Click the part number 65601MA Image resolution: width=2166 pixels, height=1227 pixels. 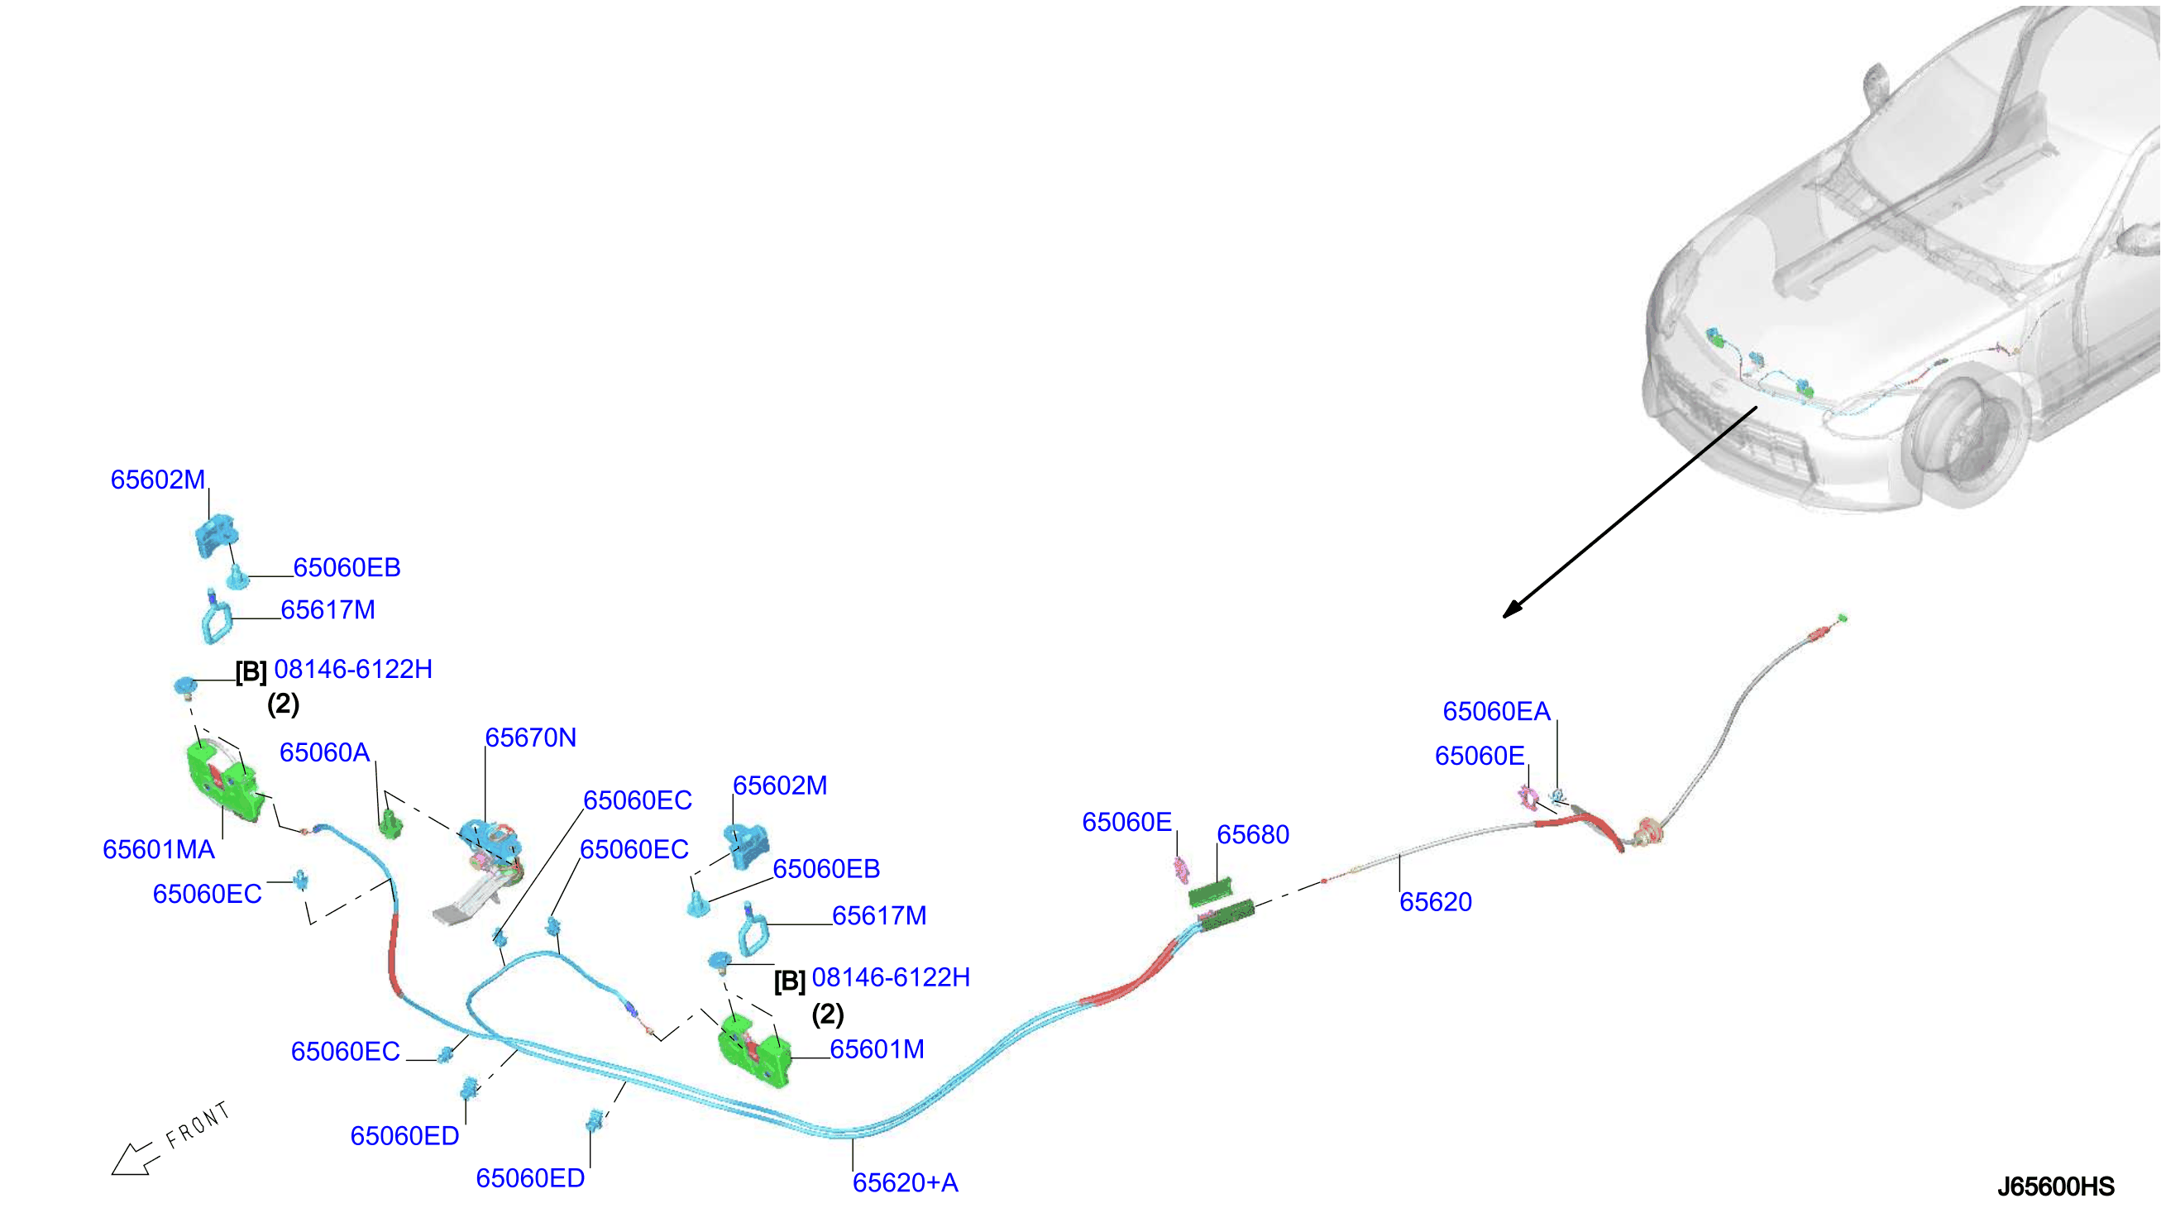click(x=159, y=849)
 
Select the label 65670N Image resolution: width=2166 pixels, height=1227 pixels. click(x=531, y=738)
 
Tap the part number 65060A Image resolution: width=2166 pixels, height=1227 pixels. click(x=324, y=752)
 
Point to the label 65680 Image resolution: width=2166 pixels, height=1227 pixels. click(x=1252, y=834)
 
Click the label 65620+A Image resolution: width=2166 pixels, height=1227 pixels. click(x=905, y=1182)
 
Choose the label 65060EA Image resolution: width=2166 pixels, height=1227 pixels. click(x=1496, y=711)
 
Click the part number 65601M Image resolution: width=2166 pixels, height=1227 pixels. click(x=877, y=1049)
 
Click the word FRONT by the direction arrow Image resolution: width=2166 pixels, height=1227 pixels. click(x=197, y=1125)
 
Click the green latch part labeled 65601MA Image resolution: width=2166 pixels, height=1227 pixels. click(x=226, y=781)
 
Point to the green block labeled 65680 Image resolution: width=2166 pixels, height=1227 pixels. click(x=1222, y=903)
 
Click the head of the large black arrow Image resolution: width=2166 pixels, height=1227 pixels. click(x=1512, y=609)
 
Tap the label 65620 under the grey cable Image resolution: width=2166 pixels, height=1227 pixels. click(x=1435, y=902)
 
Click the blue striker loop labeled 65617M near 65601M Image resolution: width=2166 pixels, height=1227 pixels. click(x=752, y=930)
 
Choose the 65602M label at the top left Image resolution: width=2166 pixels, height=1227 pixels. click(x=158, y=480)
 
